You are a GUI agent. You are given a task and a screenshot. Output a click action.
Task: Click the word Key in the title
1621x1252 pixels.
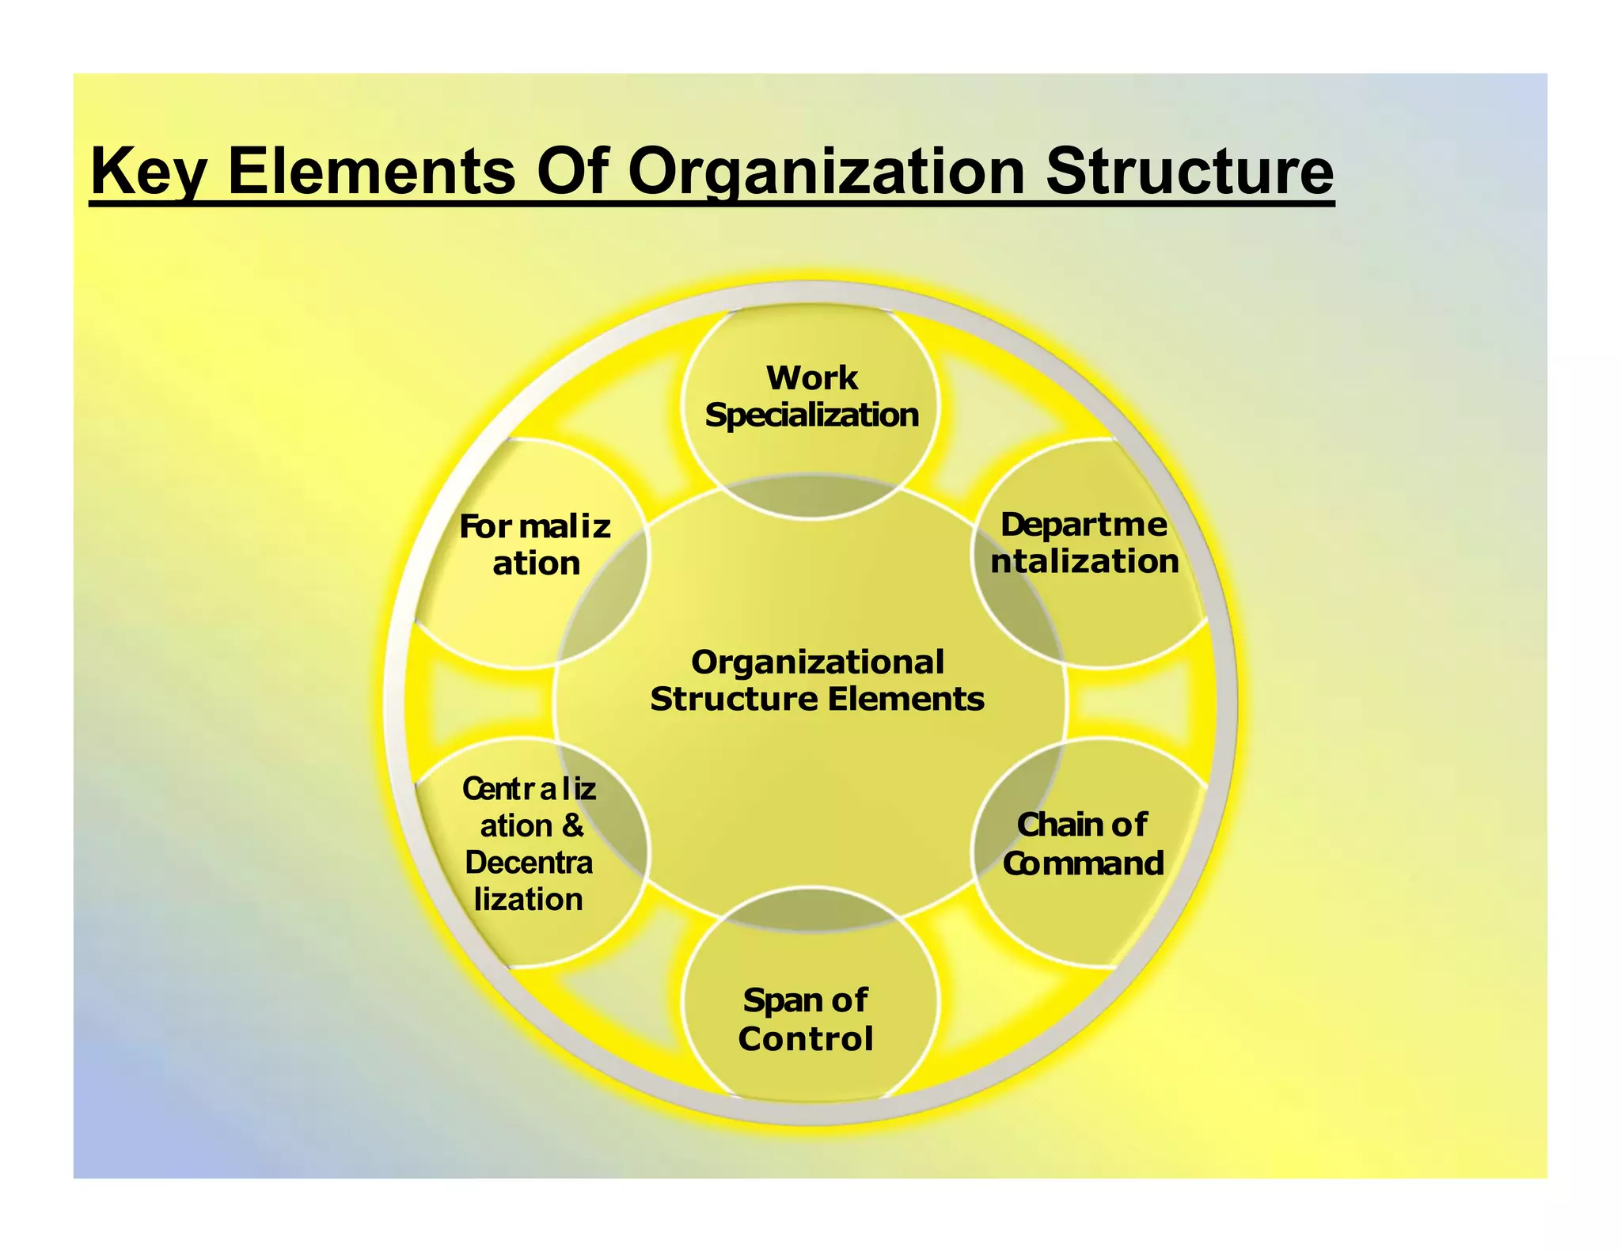click(x=146, y=173)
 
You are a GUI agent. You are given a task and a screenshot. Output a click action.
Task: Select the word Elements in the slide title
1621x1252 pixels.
click(x=371, y=173)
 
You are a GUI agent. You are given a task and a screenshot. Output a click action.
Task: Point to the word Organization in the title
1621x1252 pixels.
click(x=826, y=173)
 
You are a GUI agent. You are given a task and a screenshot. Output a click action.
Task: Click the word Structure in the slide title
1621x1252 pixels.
click(x=1189, y=173)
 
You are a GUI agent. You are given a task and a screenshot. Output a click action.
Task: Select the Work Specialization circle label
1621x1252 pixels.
click(x=811, y=396)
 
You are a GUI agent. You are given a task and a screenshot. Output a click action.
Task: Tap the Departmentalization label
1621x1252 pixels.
click(x=1084, y=543)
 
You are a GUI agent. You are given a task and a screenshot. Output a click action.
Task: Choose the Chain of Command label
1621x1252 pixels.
click(x=1083, y=844)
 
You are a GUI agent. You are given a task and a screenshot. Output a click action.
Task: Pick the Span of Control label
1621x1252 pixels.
click(x=806, y=1019)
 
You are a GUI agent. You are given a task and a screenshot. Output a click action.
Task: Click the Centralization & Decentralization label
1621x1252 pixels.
click(x=529, y=844)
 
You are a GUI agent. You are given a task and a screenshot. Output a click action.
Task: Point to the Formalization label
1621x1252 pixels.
click(x=535, y=544)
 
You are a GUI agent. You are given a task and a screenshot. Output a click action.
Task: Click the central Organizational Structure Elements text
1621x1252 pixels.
click(x=817, y=681)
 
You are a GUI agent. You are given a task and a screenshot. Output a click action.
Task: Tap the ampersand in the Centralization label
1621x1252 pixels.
click(x=572, y=825)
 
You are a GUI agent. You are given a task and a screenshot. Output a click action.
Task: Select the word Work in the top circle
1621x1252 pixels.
click(x=811, y=378)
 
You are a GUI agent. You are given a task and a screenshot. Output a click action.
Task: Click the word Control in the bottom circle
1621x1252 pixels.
click(x=806, y=1038)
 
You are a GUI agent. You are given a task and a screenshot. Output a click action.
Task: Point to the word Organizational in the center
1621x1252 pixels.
click(x=817, y=662)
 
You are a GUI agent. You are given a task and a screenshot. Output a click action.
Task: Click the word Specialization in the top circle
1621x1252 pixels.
click(x=811, y=415)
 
